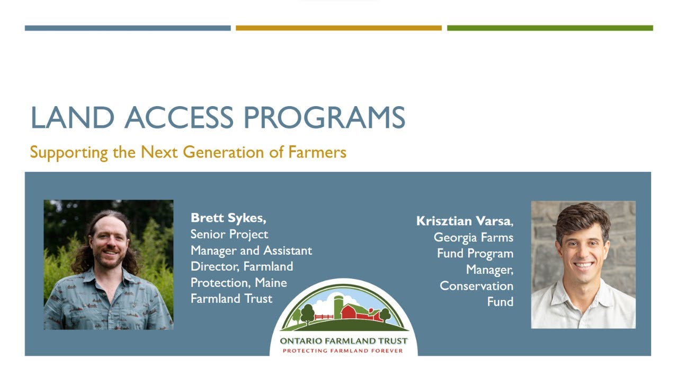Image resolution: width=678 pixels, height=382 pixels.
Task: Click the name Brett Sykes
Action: [228, 218]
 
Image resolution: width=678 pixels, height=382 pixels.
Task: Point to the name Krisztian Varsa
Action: [465, 221]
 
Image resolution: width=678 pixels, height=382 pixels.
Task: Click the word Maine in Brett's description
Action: [271, 283]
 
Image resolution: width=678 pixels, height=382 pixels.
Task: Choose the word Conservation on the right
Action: [476, 286]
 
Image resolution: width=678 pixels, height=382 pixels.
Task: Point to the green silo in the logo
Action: [338, 306]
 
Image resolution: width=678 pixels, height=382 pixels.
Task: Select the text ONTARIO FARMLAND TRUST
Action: [344, 341]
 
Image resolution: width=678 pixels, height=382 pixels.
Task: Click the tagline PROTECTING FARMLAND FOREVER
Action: [343, 351]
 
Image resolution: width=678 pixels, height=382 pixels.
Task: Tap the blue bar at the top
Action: [128, 28]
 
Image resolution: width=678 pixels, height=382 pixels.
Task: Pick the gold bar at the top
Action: [338, 28]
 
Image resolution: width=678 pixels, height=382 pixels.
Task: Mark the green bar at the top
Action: [550, 28]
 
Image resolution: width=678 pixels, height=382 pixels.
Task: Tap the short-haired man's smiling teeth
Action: [583, 264]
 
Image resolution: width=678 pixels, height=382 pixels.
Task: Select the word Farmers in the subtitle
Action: [317, 153]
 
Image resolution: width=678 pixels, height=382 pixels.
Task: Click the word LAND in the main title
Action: [72, 118]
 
